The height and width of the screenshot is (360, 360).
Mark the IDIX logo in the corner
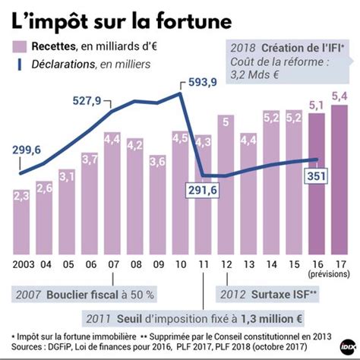[349, 345]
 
